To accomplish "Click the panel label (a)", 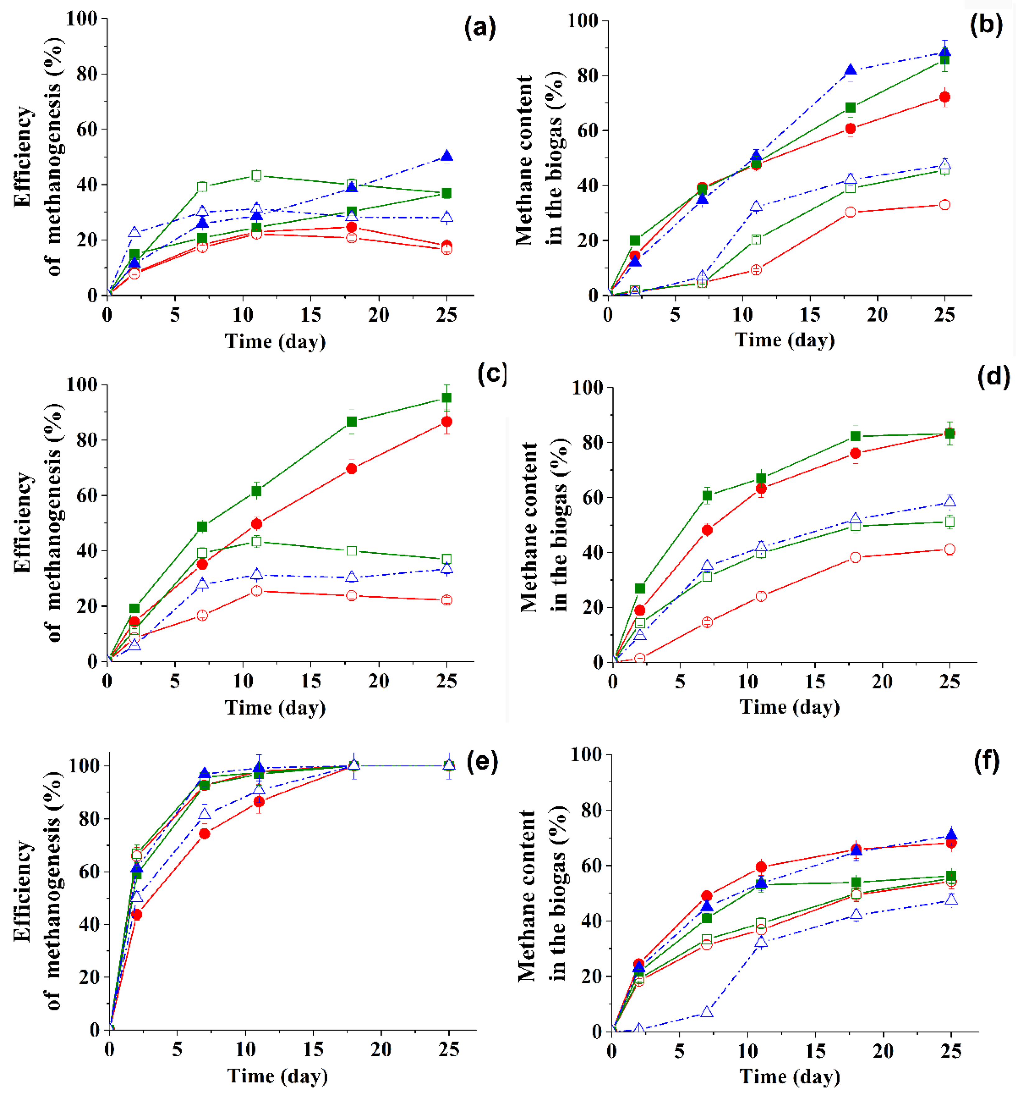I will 479,27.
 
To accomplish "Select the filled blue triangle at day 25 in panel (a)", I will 447,156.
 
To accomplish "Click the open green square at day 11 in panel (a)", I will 256,175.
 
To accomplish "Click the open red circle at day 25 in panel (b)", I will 944,205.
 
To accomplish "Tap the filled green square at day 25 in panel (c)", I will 447,398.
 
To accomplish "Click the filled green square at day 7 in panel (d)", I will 707,496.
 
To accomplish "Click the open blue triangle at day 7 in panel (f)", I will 707,1012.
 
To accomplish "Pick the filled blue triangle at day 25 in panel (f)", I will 951,834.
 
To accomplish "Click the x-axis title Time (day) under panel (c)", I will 275,707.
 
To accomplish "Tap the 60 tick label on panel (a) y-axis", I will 86,129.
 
